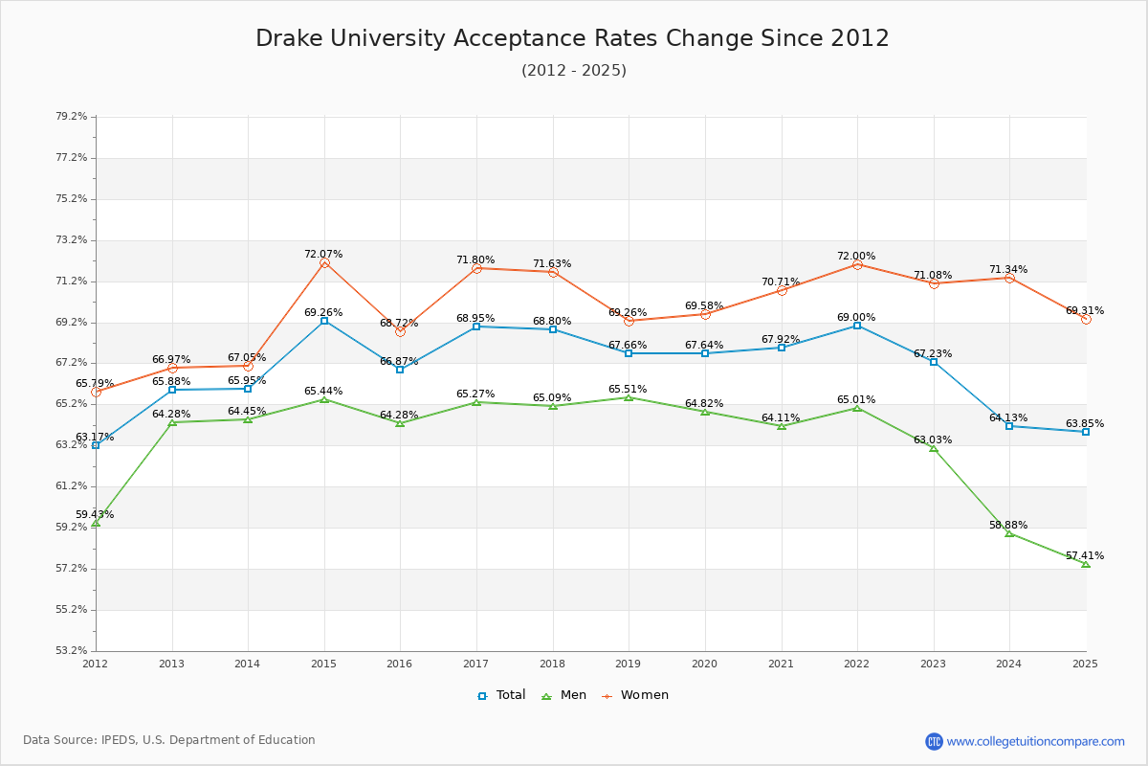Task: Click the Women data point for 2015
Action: pos(324,262)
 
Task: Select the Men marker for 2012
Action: pos(96,523)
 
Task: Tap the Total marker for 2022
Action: pos(857,326)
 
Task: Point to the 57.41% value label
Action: pos(1084,555)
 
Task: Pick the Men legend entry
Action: pos(564,695)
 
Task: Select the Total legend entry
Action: pos(501,695)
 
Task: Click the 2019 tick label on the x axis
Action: pos(629,664)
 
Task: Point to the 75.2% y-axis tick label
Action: pos(72,198)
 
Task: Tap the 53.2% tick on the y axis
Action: pos(72,651)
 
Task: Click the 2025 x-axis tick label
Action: pos(1085,664)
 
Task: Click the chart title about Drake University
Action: pos(572,38)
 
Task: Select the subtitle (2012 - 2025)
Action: pos(573,71)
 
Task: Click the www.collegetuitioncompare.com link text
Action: pos(1035,741)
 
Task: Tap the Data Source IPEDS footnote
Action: pos(169,740)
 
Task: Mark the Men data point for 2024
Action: pos(1009,532)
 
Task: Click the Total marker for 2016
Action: pos(400,370)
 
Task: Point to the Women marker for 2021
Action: pos(782,290)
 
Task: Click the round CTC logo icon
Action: pos(934,741)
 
